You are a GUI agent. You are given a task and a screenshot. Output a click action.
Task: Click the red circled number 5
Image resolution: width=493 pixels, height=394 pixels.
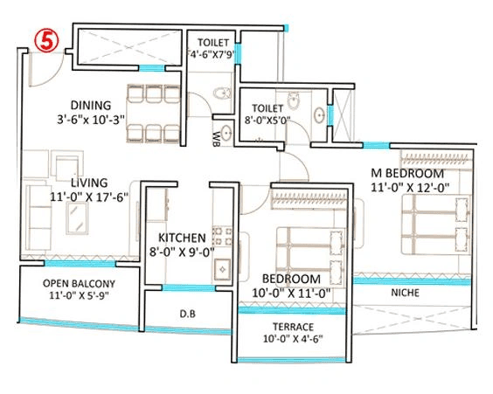[41, 39]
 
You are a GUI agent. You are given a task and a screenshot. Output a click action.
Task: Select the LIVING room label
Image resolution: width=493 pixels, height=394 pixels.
[90, 182]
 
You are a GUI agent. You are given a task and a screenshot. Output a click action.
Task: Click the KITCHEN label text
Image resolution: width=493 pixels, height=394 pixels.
[182, 238]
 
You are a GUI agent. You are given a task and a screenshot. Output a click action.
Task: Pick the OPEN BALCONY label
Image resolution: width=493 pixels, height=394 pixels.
[79, 283]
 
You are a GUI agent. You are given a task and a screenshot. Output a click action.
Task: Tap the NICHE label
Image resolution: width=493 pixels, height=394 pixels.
[405, 293]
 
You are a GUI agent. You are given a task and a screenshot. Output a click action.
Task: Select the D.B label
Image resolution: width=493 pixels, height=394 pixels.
[186, 314]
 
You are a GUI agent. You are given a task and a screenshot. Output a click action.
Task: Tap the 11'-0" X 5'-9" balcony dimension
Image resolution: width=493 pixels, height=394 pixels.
[79, 298]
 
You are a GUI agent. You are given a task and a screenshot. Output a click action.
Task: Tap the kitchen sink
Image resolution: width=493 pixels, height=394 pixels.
[221, 267]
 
